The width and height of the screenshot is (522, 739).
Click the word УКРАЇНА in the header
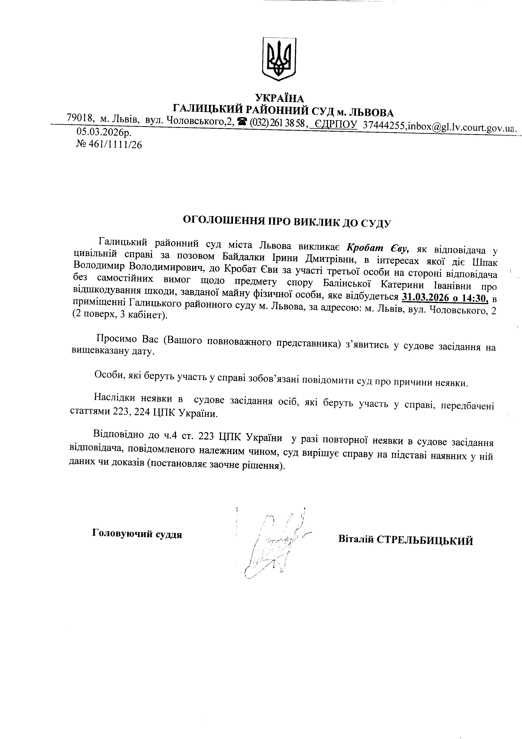(279, 98)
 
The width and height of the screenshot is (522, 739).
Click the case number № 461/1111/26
(109, 145)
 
